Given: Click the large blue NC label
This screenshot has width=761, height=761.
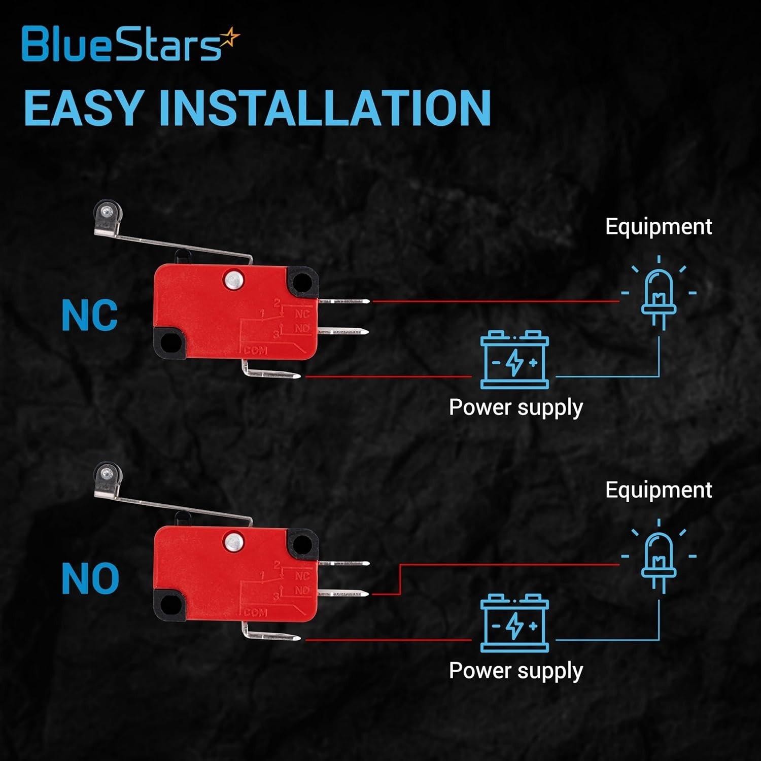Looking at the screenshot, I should click(89, 316).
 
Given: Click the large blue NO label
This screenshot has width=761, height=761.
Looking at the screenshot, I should click(90, 579).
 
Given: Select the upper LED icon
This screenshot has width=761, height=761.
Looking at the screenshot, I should click(659, 294).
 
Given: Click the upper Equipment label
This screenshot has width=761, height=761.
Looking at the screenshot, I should click(659, 226).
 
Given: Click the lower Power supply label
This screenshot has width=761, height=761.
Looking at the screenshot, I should click(516, 671).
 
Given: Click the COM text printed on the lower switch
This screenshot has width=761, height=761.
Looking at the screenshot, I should click(255, 612).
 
